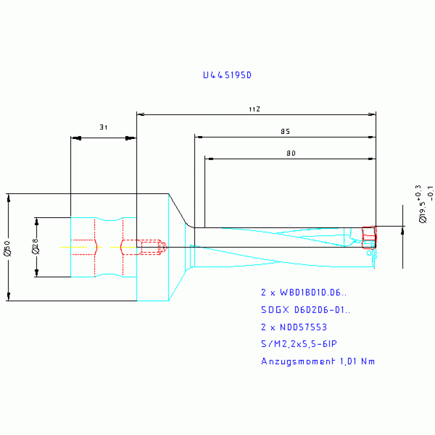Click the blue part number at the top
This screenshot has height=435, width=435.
click(x=227, y=75)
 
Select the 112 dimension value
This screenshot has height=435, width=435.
click(x=254, y=109)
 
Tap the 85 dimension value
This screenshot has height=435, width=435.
click(x=285, y=132)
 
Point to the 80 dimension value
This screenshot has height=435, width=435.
click(x=290, y=153)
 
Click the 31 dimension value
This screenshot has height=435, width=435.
click(x=103, y=128)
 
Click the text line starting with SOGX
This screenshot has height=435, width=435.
click(x=305, y=310)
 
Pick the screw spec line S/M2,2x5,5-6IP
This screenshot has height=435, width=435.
click(x=299, y=344)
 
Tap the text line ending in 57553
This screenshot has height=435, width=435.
click(x=294, y=327)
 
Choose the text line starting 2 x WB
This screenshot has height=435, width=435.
click(x=303, y=293)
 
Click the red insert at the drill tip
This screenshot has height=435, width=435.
click(x=369, y=236)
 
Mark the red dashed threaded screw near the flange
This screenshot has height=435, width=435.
click(x=152, y=247)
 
